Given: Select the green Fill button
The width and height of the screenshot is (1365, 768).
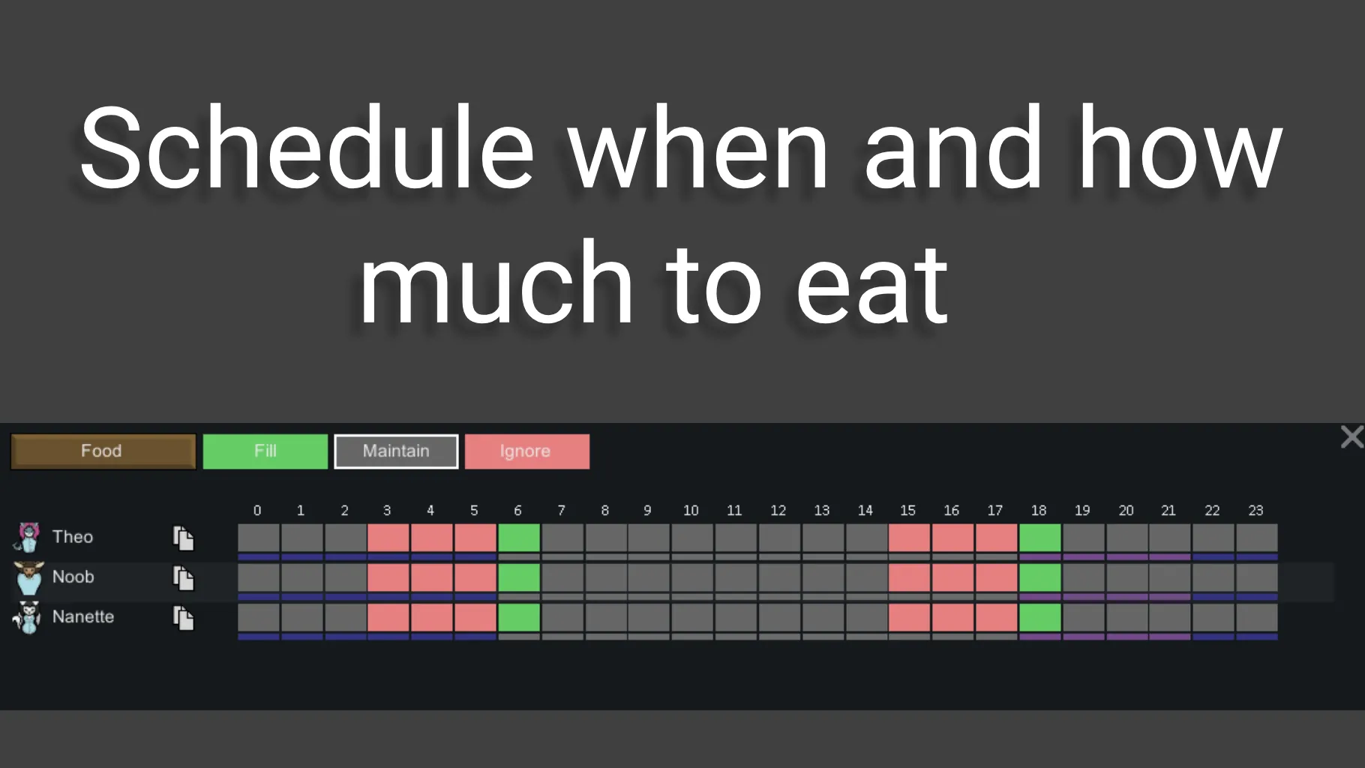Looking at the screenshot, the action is click(265, 451).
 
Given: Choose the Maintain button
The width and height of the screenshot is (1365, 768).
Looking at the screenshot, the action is click(396, 451).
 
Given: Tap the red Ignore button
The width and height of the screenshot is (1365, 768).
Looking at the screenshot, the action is click(527, 451).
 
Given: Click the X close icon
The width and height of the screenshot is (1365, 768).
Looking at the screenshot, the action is click(1351, 436).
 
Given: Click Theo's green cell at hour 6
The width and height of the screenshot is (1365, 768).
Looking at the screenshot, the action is click(519, 538).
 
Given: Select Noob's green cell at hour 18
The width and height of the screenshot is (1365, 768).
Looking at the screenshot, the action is click(1040, 577).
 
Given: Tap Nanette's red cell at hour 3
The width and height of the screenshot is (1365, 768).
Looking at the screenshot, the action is click(388, 617).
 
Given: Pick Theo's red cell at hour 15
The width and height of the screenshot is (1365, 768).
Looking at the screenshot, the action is click(910, 538).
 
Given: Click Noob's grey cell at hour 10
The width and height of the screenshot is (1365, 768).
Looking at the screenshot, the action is click(692, 577).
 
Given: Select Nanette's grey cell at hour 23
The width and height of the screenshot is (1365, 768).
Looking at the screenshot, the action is click(1257, 617).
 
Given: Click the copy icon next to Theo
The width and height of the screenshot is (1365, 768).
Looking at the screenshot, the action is click(184, 538).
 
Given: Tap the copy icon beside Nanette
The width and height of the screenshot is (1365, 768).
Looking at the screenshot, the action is click(184, 618).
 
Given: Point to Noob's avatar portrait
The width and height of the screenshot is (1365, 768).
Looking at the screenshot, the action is click(28, 577).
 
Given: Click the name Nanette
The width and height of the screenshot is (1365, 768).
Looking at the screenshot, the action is click(83, 616).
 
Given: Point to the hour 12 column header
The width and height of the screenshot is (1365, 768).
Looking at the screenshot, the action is click(778, 510).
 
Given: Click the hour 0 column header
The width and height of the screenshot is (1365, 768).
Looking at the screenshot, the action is click(257, 510).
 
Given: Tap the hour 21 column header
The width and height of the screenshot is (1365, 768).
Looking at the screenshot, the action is click(1168, 510).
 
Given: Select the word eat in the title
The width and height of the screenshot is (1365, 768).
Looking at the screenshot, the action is click(872, 283).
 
